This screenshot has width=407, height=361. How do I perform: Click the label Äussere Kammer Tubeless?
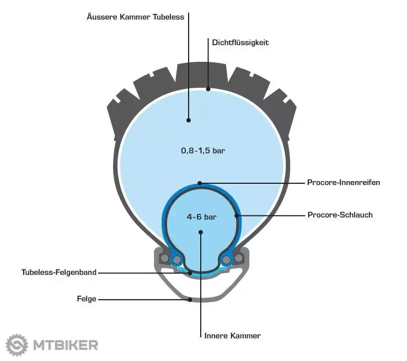click(136, 17)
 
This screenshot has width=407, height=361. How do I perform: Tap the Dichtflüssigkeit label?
click(240, 43)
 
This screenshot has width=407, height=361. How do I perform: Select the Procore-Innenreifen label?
click(344, 182)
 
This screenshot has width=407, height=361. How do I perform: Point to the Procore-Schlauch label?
click(340, 215)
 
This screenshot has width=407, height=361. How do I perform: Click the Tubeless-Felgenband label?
click(59, 273)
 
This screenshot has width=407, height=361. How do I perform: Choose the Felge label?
click(87, 299)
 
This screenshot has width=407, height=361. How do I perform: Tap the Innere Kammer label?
click(232, 336)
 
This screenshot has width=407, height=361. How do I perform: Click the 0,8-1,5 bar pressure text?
click(203, 150)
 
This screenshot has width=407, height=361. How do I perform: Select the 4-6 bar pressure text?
click(201, 216)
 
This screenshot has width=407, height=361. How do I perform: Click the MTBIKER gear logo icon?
click(17, 345)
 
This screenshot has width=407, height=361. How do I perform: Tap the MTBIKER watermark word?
click(66, 345)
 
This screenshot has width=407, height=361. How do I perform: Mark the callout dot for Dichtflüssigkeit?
click(208, 89)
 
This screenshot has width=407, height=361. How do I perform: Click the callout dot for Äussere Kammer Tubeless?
click(189, 120)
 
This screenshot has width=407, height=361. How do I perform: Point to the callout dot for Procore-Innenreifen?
click(200, 183)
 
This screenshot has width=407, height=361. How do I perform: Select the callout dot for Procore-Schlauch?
click(237, 215)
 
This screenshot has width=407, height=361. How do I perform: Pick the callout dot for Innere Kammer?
click(201, 232)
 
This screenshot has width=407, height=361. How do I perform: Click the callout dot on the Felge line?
click(190, 300)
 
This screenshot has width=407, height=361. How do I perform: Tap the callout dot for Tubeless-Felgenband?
click(190, 273)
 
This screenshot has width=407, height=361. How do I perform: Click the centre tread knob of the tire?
click(202, 73)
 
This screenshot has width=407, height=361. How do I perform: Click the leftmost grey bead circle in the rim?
click(164, 258)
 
